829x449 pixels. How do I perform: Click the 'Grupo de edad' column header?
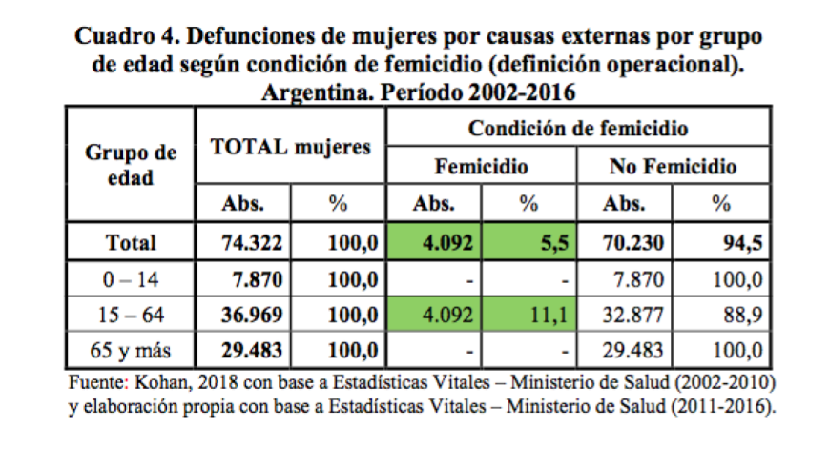tap(131, 164)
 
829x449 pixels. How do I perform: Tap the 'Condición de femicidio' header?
tap(579, 127)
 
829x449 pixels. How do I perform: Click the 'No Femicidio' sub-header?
tap(674, 167)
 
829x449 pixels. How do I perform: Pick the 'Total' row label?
tap(131, 242)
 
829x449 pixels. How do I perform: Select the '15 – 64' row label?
tap(131, 315)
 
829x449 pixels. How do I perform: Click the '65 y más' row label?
tap(131, 350)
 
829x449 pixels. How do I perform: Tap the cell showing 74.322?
tap(251, 242)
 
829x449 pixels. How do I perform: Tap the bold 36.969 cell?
tap(251, 315)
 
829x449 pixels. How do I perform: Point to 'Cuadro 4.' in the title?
tap(122, 37)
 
